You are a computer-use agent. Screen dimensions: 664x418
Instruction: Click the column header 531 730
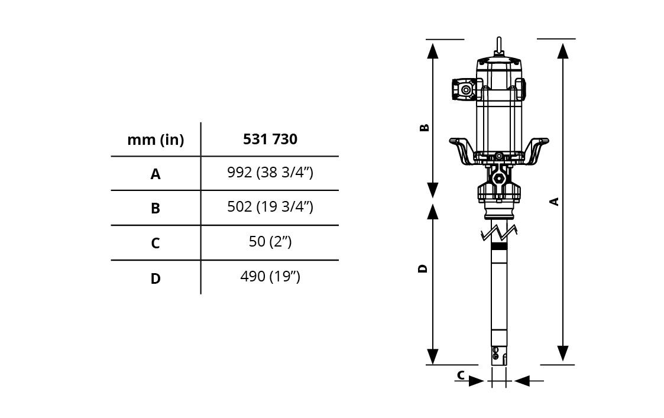pos(270,139)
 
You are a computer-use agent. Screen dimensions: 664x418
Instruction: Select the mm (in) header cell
pos(156,140)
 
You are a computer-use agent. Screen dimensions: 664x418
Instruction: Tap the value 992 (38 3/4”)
pos(270,173)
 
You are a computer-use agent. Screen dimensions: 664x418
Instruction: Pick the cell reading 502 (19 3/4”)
pos(270,207)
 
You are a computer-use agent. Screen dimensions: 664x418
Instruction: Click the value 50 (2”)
pos(270,241)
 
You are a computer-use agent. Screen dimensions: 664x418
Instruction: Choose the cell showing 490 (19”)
pos(270,276)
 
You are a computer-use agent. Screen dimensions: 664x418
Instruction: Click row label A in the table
pos(156,174)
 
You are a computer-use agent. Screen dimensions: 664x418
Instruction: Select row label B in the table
pos(156,208)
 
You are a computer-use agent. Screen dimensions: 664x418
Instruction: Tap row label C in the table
pos(156,243)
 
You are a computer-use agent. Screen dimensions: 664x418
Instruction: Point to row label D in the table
pos(156,278)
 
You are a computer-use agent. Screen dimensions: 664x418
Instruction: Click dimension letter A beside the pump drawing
pos(554,202)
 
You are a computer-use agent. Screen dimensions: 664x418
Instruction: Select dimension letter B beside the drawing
pos(424,128)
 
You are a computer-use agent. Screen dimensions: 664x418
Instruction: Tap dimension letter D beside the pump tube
pos(423,268)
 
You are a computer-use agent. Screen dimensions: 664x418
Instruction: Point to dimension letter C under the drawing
pos(461,375)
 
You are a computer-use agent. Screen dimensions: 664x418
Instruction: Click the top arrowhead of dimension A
pos(563,50)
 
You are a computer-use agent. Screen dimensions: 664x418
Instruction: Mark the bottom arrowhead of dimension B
pos(432,190)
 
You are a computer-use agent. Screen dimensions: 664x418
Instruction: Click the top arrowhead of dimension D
pos(432,212)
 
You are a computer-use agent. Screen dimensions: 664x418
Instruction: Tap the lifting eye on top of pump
pos(499,46)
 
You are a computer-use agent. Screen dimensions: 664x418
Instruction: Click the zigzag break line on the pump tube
pos(499,233)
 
